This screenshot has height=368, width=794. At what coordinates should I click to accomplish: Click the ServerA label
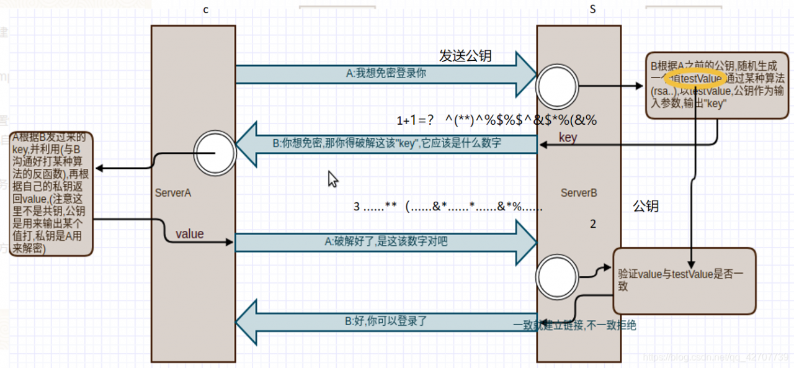click(172, 193)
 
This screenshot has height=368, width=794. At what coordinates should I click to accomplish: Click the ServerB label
click(579, 193)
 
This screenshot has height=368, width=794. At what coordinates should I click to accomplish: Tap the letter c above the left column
click(206, 10)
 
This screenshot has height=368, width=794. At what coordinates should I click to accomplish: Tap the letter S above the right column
click(592, 10)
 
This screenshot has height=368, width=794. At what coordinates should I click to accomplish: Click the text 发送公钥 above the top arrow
click(465, 56)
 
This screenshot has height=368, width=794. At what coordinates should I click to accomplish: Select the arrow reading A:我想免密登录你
click(385, 74)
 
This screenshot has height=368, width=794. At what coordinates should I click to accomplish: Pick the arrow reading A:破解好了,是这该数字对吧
click(385, 242)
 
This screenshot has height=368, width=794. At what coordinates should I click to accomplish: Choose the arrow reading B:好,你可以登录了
click(385, 322)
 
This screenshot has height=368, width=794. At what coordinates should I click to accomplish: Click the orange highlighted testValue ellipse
click(695, 79)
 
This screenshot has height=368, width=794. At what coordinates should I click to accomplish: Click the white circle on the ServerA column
click(214, 151)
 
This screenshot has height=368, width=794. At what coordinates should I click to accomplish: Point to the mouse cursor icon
click(333, 179)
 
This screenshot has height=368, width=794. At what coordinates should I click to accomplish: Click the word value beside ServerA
click(189, 234)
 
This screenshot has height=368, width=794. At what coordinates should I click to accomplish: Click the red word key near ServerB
click(568, 138)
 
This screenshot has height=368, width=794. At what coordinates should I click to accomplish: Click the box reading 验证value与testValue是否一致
click(684, 280)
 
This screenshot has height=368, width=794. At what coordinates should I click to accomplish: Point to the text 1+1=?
click(415, 120)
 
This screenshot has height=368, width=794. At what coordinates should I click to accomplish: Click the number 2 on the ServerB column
click(593, 225)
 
